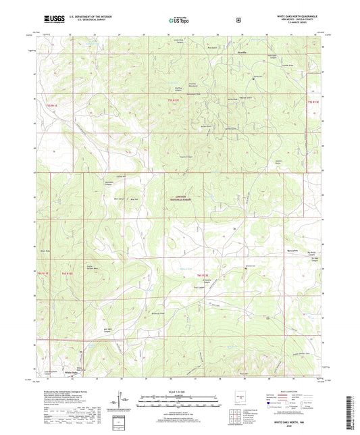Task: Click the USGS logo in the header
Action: pos(54,20)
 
